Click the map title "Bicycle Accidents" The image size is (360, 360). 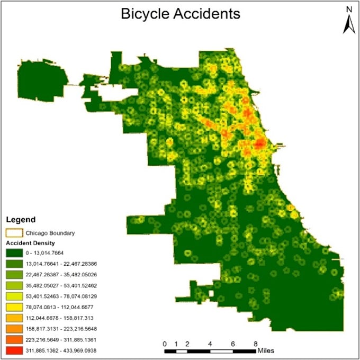[x=180, y=14]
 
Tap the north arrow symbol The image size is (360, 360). [x=348, y=23]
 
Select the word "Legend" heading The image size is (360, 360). [x=21, y=219]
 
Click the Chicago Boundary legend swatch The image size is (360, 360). [x=14, y=232]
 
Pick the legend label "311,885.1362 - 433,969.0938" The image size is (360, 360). [x=64, y=350]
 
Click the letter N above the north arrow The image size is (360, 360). [x=348, y=9]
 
